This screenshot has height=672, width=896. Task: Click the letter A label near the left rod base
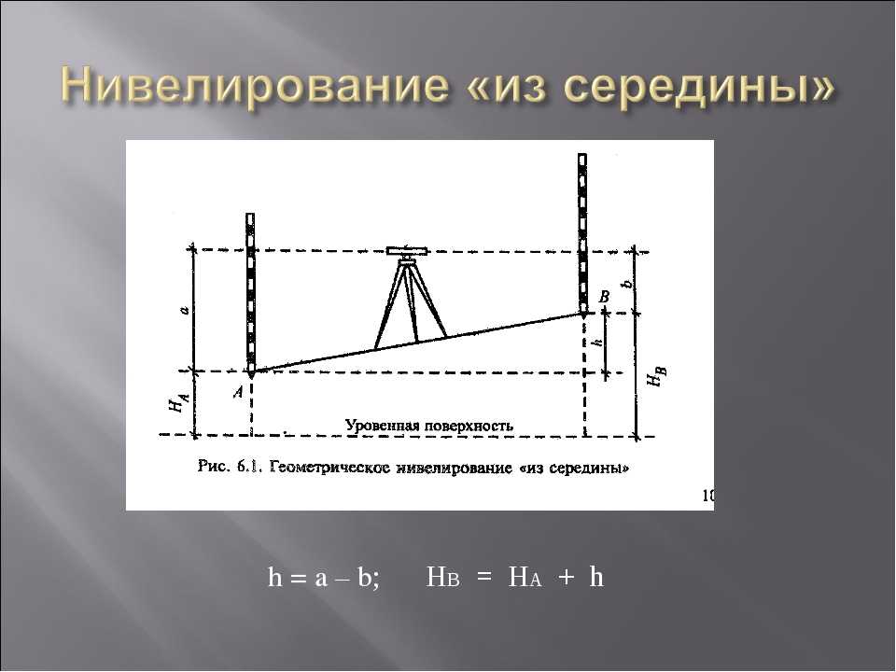238,391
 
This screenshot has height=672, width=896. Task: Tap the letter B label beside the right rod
604,297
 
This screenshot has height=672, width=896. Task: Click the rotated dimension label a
184,310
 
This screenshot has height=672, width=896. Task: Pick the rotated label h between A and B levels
597,342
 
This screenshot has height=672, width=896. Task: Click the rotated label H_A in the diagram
177,403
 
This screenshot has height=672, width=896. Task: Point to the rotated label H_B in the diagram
656,376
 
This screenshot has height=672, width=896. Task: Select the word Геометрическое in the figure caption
329,468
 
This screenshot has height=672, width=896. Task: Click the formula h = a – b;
324,577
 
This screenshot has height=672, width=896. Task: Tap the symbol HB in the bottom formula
442,578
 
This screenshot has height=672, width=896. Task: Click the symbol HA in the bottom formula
525,578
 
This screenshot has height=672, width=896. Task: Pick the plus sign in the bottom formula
566,577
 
